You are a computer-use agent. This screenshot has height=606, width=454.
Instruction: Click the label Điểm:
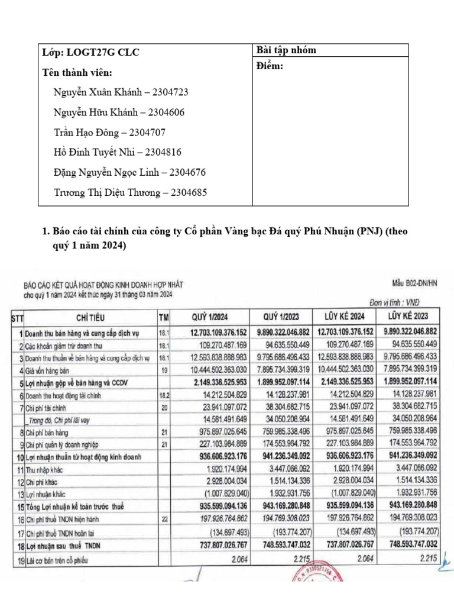270,66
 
